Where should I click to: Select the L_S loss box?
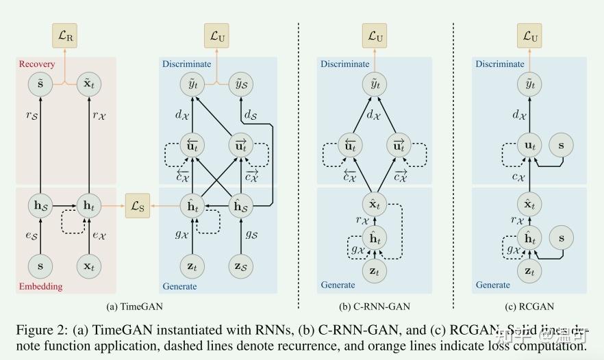tap(137, 205)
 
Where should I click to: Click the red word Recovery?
tap(36, 64)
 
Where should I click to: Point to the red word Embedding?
tap(40, 286)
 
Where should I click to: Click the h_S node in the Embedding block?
tap(41, 205)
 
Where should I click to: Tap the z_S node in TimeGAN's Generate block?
tap(241, 265)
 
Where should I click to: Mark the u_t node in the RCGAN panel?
tap(529, 146)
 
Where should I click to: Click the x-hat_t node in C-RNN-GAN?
tap(375, 204)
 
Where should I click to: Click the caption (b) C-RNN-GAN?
tap(375, 306)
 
